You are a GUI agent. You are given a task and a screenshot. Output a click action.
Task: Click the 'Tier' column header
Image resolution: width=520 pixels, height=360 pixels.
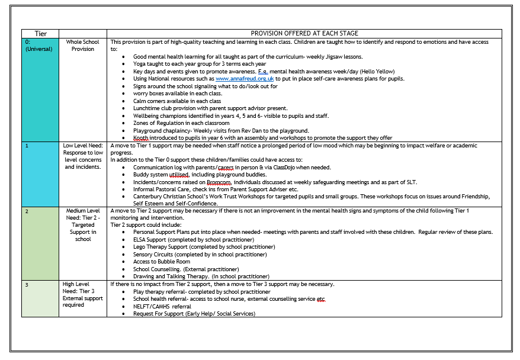pos(40,34)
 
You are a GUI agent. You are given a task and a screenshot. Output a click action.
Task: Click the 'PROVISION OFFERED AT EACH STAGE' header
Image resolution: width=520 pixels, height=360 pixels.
pos(304,34)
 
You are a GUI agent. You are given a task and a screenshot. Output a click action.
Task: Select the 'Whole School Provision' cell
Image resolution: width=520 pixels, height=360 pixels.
pos(84,46)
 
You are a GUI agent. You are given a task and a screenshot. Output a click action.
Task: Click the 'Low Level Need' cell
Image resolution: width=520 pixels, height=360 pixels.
pos(84,156)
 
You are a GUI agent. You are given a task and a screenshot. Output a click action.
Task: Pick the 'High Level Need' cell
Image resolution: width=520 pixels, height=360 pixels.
pos(84,294)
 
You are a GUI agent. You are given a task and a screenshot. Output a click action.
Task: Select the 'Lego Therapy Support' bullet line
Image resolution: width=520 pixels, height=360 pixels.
pos(202,247)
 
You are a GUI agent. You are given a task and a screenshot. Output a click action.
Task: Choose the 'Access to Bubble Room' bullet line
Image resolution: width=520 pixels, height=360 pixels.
pos(162,262)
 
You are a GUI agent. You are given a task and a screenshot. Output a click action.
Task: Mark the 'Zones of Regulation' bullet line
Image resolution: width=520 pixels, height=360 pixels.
pos(173,123)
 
